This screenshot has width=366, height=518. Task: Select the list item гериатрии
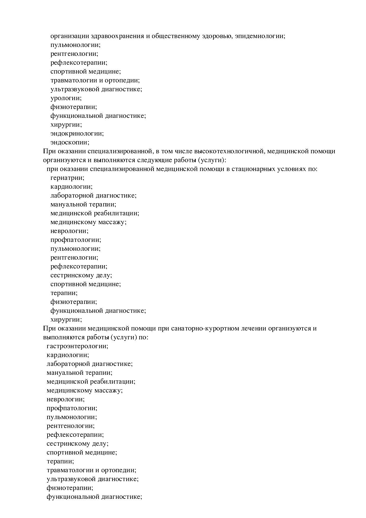coord(67,178)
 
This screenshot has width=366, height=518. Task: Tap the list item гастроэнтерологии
coord(77,346)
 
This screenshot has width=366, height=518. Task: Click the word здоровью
coord(217,36)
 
